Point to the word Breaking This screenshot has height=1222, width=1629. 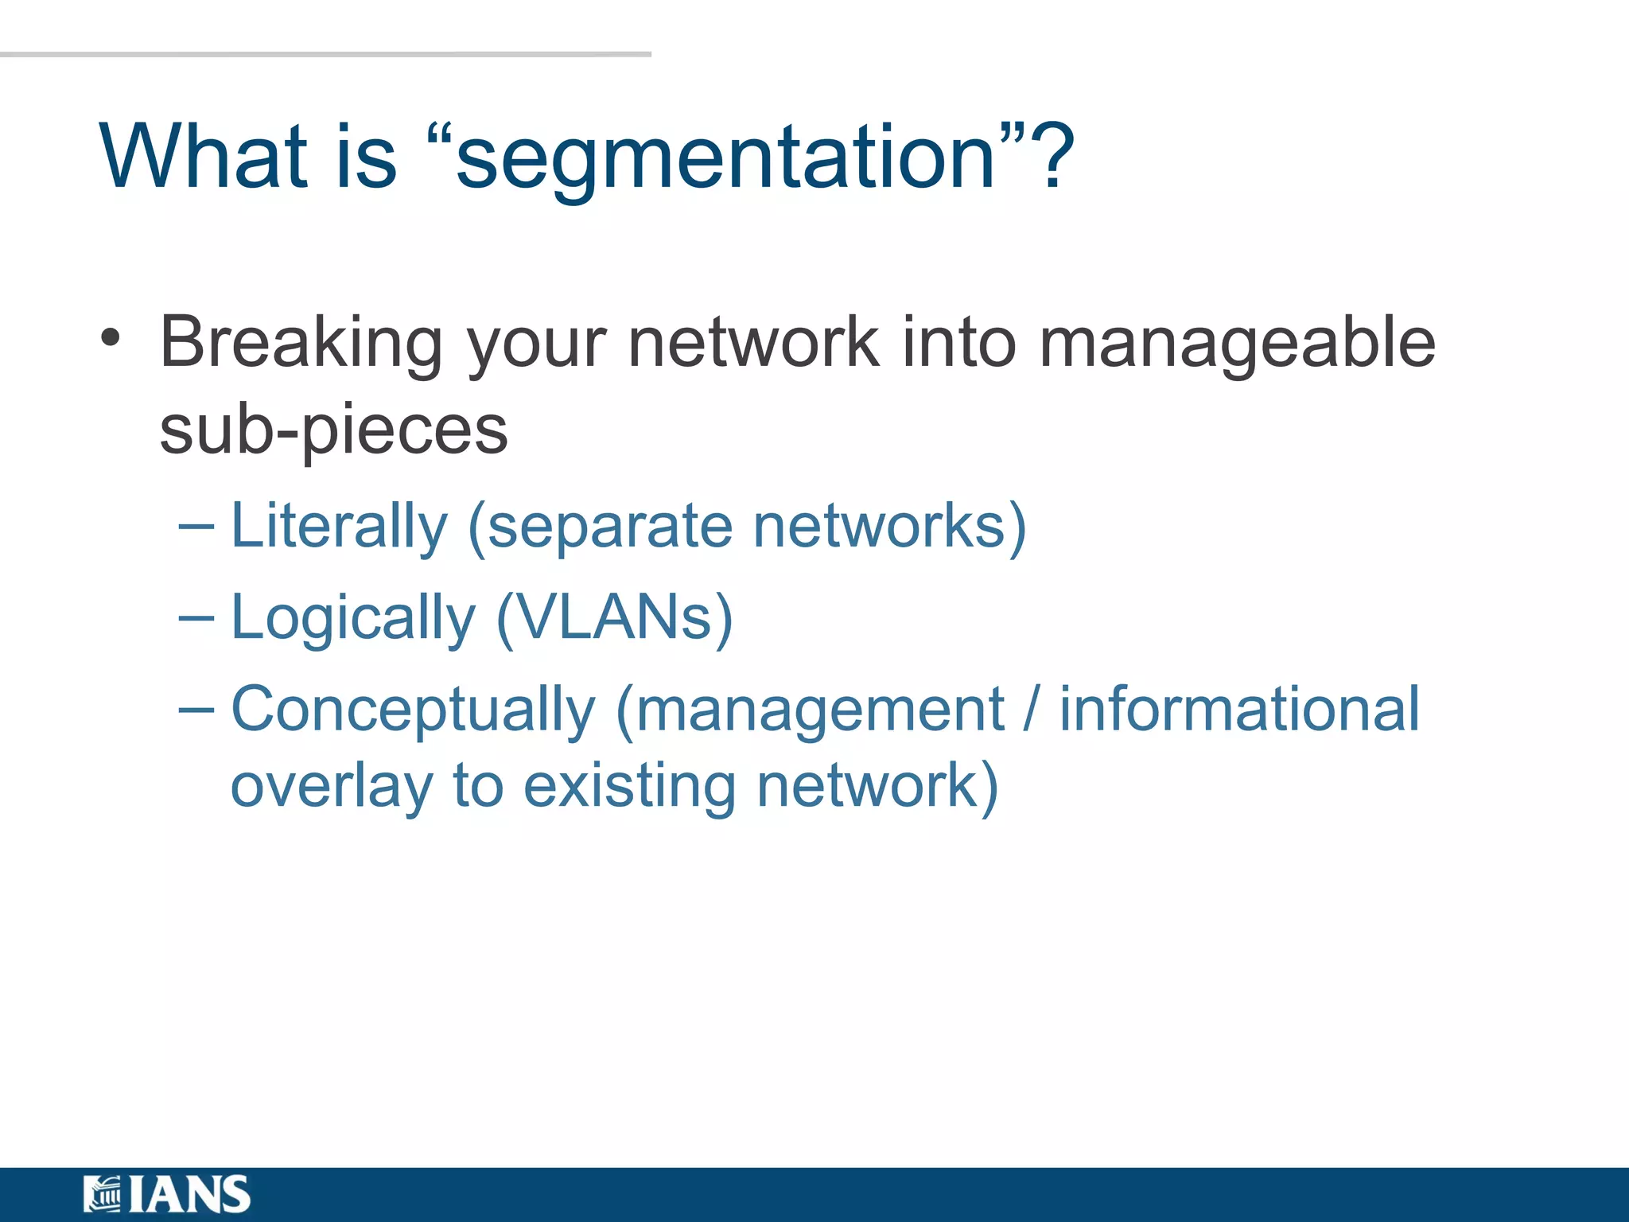301,344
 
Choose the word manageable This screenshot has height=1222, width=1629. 1237,344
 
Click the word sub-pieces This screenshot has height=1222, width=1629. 333,431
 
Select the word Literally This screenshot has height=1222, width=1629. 339,527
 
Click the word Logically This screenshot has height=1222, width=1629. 352,619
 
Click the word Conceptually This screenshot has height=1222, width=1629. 413,710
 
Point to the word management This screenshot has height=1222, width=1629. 820,710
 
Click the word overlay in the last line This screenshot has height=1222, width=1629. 332,788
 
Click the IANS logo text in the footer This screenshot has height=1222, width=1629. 189,1194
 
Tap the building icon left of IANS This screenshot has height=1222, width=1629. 102,1194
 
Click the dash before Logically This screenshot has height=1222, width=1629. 196,618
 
